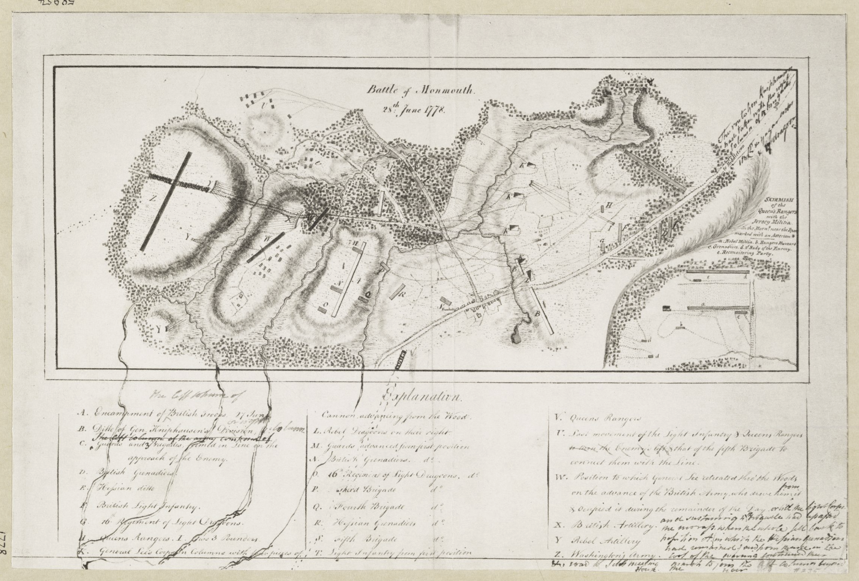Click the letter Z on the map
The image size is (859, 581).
(153, 197)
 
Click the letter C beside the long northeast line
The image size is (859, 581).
(665, 158)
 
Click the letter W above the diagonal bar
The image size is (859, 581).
(267, 238)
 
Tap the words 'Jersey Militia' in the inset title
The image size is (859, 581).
(780, 221)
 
